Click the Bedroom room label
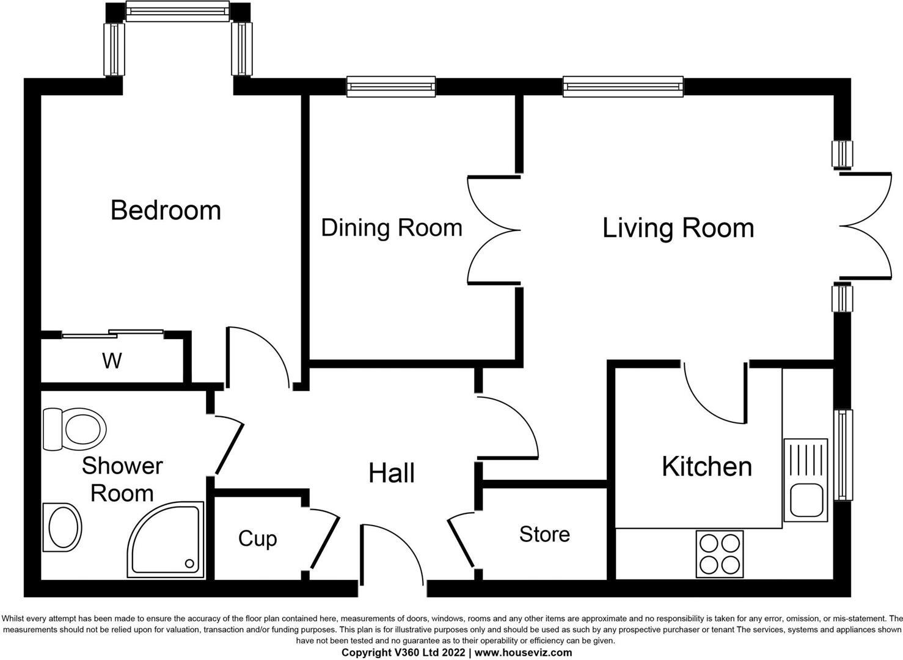166,210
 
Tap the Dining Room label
391,228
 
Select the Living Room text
678,228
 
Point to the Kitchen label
706,467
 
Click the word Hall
391,474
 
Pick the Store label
544,534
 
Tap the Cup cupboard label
257,538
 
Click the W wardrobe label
112,361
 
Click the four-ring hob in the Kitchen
720,554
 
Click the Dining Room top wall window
391,87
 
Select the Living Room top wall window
623,87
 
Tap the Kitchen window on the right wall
843,455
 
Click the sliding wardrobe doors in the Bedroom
113,334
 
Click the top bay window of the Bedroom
178,10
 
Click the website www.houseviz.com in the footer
524,653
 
